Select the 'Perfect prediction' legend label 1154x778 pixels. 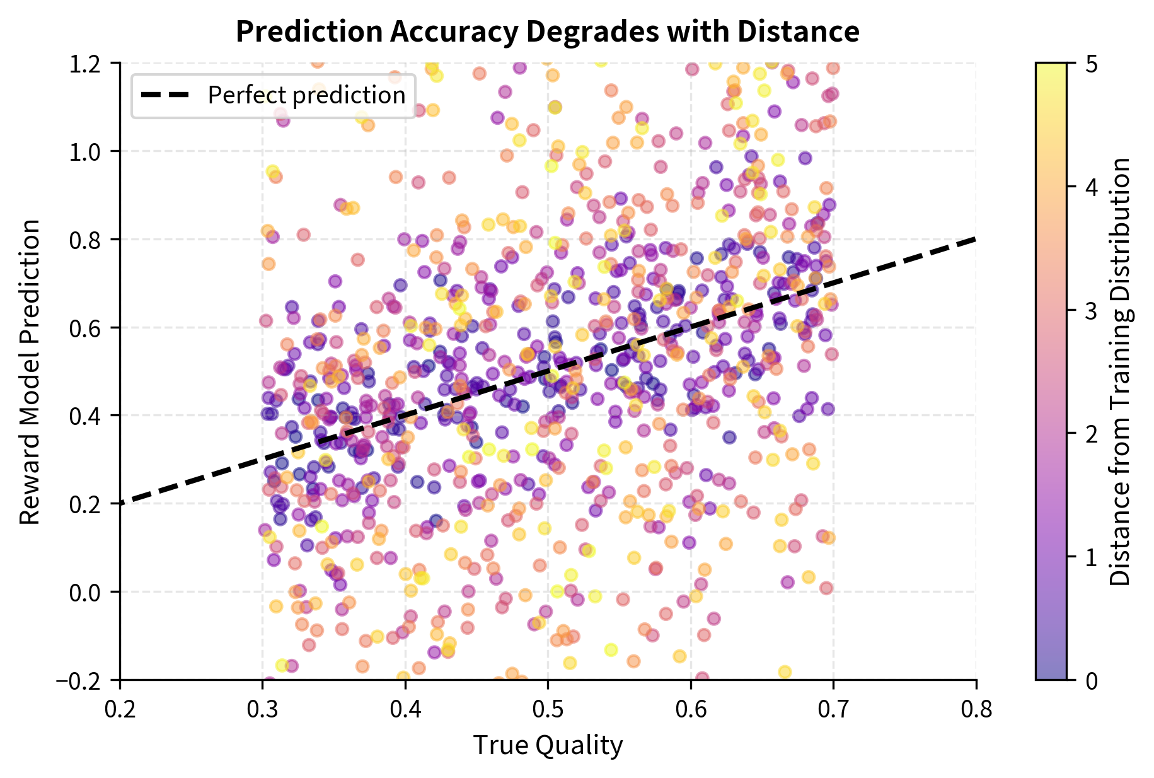pyautogui.click(x=306, y=95)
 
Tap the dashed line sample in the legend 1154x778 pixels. pyautogui.click(x=165, y=95)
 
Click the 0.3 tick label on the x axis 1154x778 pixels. pyautogui.click(x=262, y=709)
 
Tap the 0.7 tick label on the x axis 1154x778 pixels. pyautogui.click(x=833, y=709)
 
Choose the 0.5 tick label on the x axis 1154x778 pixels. pyautogui.click(x=548, y=709)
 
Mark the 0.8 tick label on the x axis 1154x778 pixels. pyautogui.click(x=976, y=709)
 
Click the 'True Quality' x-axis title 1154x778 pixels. pyautogui.click(x=548, y=745)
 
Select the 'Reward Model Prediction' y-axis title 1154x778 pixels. pyautogui.click(x=30, y=372)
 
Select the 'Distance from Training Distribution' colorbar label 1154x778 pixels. pyautogui.click(x=1120, y=372)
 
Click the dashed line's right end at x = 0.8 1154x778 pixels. pyautogui.click(x=975, y=240)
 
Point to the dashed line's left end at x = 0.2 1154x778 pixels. pyautogui.click(x=122, y=503)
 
